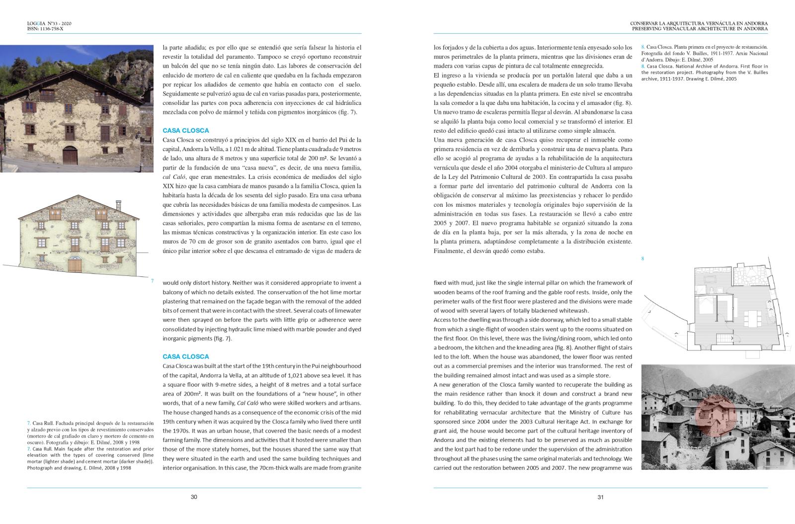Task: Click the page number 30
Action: (x=194, y=497)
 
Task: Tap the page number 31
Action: (x=600, y=497)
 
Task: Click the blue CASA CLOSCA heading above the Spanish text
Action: (x=186, y=131)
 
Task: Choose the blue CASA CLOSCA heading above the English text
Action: (x=186, y=356)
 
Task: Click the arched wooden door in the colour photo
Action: (x=70, y=156)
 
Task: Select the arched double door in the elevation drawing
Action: (x=75, y=264)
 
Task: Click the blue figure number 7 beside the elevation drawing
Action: (x=152, y=281)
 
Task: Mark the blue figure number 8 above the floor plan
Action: (x=642, y=259)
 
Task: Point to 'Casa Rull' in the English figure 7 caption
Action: (x=42, y=449)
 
